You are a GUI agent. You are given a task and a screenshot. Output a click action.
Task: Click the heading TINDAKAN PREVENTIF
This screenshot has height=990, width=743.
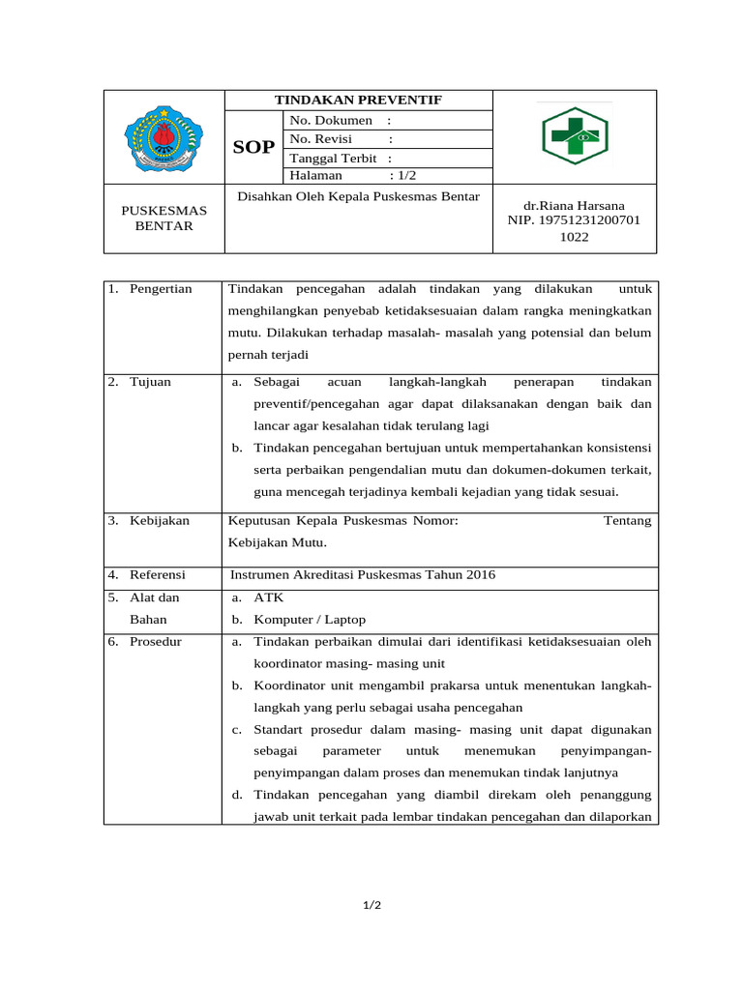[358, 101]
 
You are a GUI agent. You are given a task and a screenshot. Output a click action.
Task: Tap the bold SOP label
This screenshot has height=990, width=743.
[254, 148]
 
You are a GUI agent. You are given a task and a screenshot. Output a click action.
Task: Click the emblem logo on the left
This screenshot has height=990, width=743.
[163, 139]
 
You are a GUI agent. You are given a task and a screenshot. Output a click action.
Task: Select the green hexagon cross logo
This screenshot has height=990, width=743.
[575, 136]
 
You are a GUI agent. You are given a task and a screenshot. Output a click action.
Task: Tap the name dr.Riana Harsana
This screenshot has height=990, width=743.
[575, 206]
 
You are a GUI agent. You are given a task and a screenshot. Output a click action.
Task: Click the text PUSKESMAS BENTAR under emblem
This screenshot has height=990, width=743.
[163, 218]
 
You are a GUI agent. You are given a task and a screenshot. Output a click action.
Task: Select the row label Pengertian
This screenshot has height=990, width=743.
[161, 289]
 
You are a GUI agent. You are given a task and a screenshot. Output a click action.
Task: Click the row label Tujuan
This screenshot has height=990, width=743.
[150, 382]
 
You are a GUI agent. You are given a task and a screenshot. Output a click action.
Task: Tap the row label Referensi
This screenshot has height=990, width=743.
[157, 575]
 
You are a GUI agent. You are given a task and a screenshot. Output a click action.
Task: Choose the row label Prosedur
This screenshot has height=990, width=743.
[156, 642]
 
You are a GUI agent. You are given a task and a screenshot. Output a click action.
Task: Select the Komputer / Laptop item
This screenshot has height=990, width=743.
[310, 620]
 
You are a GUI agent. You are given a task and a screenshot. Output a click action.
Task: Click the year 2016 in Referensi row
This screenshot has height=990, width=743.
[480, 575]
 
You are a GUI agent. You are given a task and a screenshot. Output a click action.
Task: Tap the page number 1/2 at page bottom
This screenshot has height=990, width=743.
[371, 905]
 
